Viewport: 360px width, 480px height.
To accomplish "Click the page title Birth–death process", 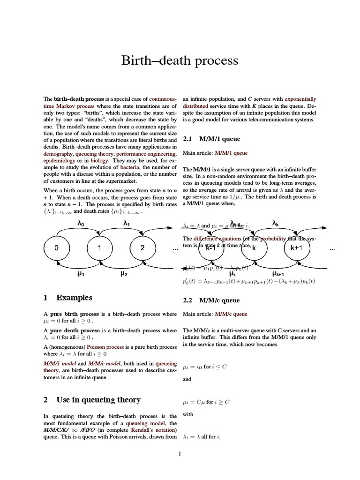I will (x=180, y=60).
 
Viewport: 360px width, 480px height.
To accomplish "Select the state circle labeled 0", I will (x=56, y=248).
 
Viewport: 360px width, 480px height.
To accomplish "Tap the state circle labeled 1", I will (x=99, y=248).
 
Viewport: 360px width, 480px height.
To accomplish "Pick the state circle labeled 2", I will (x=142, y=248).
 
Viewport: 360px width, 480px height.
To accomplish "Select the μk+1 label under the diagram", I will (x=278, y=274).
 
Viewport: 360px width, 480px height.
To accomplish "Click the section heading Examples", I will (x=74, y=298).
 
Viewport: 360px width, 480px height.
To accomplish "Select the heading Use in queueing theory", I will (x=98, y=400).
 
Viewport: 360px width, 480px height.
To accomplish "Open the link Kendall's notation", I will (x=153, y=430).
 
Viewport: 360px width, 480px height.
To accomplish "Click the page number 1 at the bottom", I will (x=180, y=453).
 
